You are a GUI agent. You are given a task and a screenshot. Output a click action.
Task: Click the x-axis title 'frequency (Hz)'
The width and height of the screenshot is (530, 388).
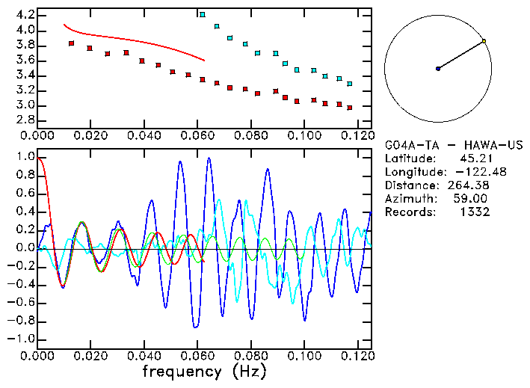click(x=204, y=372)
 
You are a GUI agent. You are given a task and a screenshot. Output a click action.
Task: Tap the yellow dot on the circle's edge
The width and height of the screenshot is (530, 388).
click(x=484, y=40)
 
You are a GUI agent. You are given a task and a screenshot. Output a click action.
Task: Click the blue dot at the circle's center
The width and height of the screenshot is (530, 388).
click(x=438, y=69)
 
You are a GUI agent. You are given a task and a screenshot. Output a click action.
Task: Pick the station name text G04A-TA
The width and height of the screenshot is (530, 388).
click(x=411, y=144)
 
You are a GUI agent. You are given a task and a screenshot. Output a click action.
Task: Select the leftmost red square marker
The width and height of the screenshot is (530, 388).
click(x=71, y=43)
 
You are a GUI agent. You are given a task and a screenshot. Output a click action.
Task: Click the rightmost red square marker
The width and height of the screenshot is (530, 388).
click(x=350, y=107)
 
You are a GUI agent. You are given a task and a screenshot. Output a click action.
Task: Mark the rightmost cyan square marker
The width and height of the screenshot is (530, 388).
click(x=350, y=84)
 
